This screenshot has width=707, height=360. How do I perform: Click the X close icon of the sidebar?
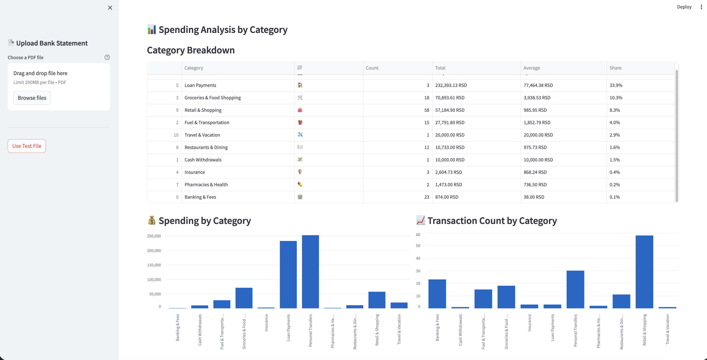tap(110, 8)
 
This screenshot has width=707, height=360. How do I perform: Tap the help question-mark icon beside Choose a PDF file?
tap(107, 57)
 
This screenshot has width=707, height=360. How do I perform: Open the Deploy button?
tap(684, 7)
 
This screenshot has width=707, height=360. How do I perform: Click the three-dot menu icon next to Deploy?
tap(701, 7)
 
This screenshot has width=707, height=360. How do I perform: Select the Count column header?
tap(372, 68)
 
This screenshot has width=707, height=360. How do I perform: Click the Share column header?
tap(615, 68)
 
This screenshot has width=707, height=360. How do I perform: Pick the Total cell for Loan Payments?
tap(451, 85)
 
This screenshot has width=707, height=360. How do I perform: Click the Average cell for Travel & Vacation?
tap(538, 135)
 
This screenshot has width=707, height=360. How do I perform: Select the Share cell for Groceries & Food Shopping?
tap(616, 98)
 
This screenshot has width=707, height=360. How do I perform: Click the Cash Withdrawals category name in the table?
tap(203, 160)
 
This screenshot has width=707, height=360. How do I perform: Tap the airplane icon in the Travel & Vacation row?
tap(300, 135)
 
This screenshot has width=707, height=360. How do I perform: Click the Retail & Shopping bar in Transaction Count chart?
tap(644, 272)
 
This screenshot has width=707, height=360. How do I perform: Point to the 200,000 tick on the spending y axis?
tap(154, 251)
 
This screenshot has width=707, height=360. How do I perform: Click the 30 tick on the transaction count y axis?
tap(418, 271)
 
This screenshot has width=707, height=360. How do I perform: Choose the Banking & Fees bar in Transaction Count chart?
tap(437, 294)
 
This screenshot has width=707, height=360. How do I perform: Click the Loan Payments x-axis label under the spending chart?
tap(288, 328)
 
